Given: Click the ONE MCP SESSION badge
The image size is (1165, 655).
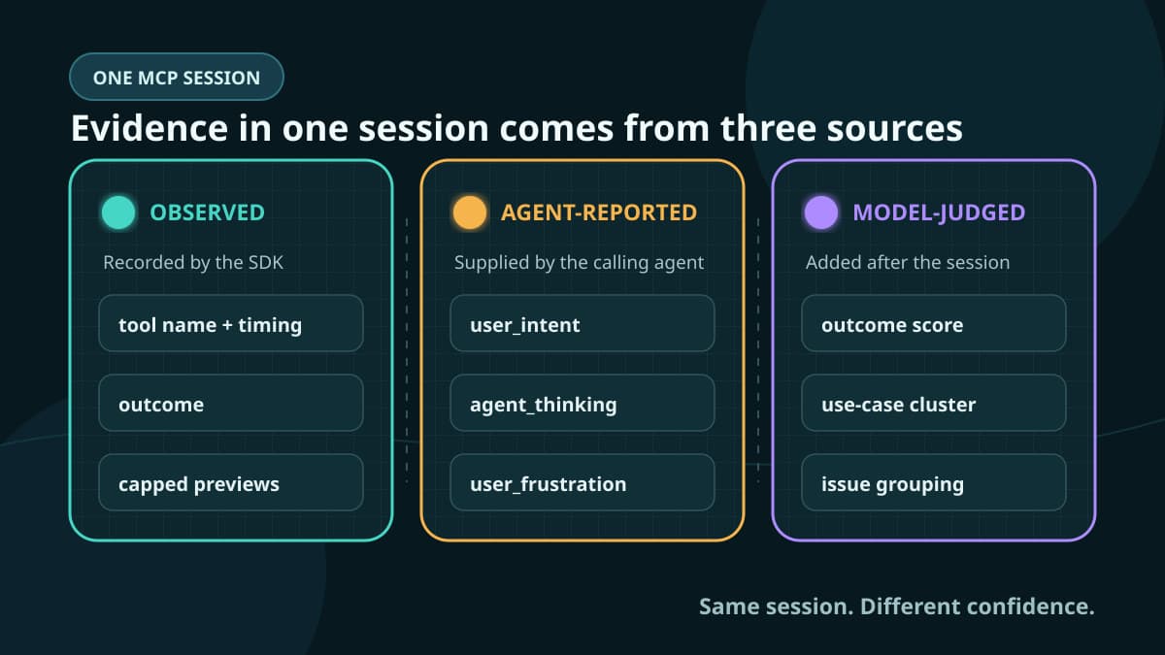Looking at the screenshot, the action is point(177,77).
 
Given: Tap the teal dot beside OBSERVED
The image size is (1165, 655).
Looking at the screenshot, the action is point(118,213).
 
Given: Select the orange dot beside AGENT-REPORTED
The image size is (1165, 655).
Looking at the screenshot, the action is point(470,213).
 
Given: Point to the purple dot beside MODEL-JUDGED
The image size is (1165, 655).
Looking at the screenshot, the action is point(821,213).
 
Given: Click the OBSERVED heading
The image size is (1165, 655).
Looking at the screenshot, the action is point(208,213).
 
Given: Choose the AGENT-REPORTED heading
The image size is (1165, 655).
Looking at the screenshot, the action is point(599,213).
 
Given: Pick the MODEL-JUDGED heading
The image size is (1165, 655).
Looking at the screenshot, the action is point(939,213).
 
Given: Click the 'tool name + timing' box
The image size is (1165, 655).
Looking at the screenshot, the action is point(231,323).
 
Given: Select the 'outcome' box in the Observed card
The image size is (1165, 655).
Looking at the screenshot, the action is point(231,403).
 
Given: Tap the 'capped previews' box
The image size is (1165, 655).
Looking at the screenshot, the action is point(231,482).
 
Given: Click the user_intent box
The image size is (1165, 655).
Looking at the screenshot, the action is point(582,323).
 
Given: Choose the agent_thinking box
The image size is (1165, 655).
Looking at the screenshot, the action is point(582,403).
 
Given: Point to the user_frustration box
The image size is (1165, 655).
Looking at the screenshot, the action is point(582,482).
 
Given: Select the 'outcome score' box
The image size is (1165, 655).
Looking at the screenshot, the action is point(934,323).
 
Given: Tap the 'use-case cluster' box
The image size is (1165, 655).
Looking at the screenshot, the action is point(934,403).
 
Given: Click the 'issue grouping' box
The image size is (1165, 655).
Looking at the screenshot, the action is point(934,482).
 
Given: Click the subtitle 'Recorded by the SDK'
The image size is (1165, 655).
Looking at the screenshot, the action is point(193,263).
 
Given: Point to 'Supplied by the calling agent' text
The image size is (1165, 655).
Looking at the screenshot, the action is point(579,263).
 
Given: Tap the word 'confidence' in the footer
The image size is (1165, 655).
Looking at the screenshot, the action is point(1029,606).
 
